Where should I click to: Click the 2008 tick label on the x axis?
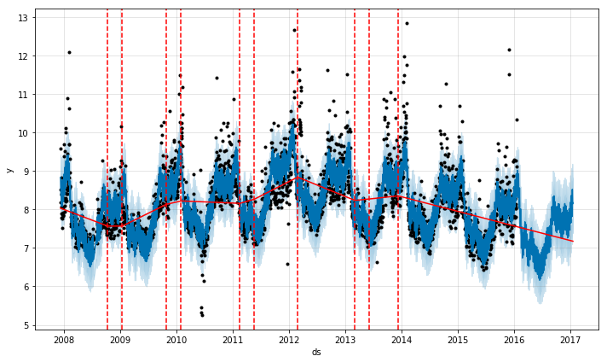pyautogui.click(x=63, y=339)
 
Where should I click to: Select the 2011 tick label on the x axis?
pyautogui.click(x=233, y=339)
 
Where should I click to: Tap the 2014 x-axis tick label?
pyautogui.click(x=402, y=339)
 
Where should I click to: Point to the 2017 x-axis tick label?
pyautogui.click(x=570, y=339)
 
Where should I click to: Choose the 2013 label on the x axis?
pyautogui.click(x=345, y=339)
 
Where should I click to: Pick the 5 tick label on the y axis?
pyautogui.click(x=26, y=325)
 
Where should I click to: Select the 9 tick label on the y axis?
pyautogui.click(x=26, y=172)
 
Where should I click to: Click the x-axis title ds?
pyautogui.click(x=316, y=352)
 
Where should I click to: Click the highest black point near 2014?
pyautogui.click(x=407, y=23)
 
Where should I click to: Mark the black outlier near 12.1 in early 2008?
pyautogui.click(x=69, y=52)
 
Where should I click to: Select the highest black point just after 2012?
pyautogui.click(x=294, y=30)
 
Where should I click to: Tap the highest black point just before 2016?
pyautogui.click(x=509, y=50)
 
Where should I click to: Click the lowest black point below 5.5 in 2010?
pyautogui.click(x=202, y=315)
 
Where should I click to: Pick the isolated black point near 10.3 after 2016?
pyautogui.click(x=517, y=120)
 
